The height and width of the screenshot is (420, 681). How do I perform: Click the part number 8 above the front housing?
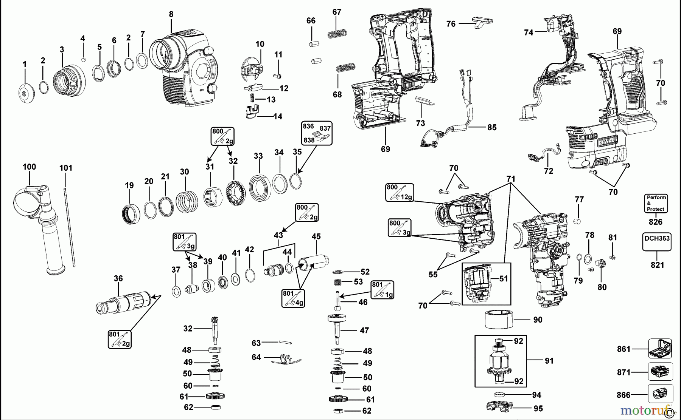[171, 14]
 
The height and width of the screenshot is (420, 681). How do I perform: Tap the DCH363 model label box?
[657, 242]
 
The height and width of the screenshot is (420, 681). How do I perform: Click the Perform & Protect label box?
[656, 203]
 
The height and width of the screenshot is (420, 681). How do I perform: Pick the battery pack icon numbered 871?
[660, 372]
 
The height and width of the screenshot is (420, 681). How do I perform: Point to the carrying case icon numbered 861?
[660, 349]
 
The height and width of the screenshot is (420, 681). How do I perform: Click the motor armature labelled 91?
[500, 361]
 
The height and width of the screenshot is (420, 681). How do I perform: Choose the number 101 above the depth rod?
[66, 168]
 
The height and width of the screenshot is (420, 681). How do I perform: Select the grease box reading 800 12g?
[400, 192]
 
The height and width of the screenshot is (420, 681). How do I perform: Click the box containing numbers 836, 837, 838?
[317, 133]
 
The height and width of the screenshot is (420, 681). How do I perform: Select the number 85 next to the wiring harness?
[491, 127]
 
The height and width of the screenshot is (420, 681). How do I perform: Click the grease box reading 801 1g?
[382, 290]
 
